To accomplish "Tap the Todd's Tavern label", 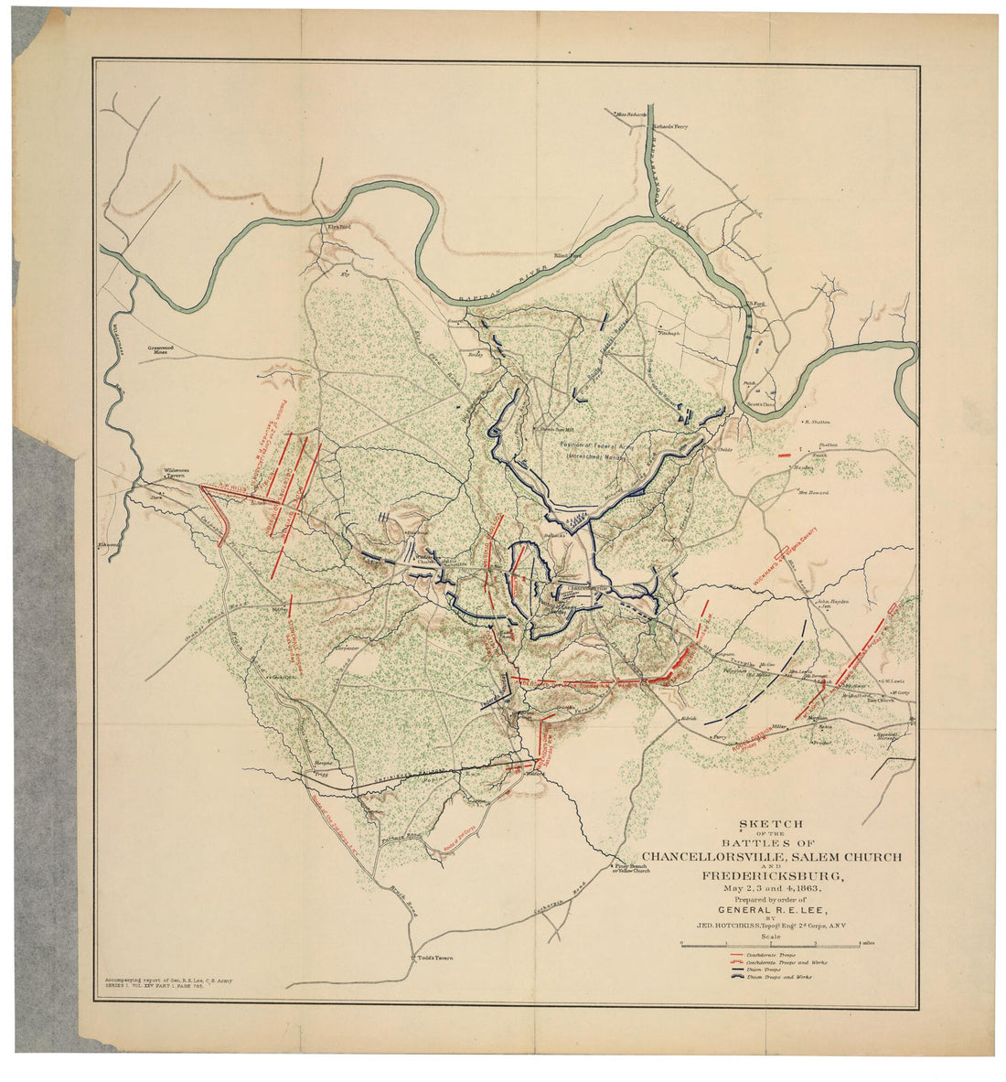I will point(434,959).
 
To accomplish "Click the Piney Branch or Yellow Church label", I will point(631,868).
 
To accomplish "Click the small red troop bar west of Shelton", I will point(784,454).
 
